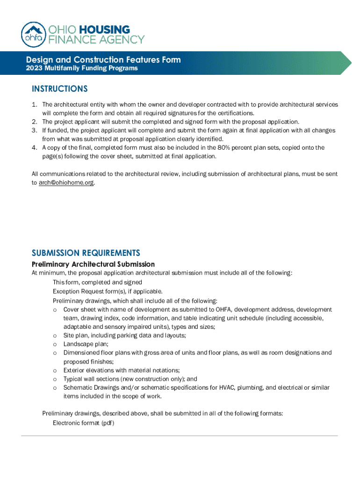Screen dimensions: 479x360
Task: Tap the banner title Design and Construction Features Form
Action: point(103,60)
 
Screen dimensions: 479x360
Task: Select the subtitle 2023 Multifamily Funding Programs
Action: point(82,69)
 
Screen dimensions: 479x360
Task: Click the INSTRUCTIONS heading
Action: point(59,89)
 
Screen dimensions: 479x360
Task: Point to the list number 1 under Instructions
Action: point(34,105)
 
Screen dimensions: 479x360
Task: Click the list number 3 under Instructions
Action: point(34,131)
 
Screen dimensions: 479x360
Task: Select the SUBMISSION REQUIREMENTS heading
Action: point(86,253)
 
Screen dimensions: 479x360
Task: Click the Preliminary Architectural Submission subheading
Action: point(93,264)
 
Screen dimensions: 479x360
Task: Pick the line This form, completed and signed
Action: point(97,283)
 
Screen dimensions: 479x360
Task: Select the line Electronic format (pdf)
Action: point(83,423)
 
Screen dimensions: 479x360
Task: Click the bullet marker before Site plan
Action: point(55,335)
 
